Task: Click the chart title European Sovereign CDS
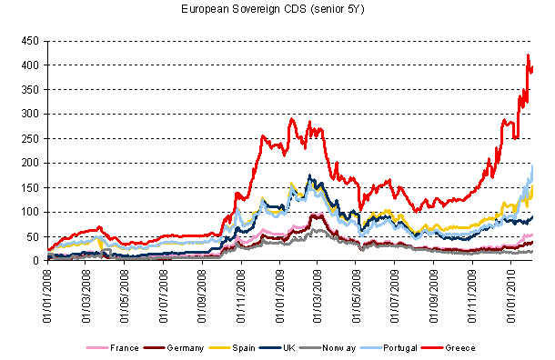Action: pos(277,10)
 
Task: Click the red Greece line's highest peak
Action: pos(528,56)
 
